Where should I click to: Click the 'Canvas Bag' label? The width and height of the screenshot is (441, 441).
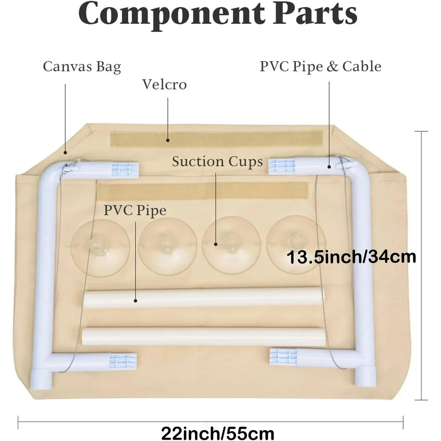click(x=82, y=67)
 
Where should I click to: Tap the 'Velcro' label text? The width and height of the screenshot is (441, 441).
click(x=165, y=84)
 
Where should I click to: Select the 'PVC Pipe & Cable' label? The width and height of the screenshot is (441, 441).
click(x=320, y=67)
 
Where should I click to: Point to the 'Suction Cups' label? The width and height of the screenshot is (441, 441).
click(x=217, y=162)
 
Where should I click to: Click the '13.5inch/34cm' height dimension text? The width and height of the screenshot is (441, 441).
click(x=351, y=257)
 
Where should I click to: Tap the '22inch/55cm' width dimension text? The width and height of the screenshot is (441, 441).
click(x=217, y=432)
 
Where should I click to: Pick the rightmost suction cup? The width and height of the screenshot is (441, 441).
click(x=296, y=244)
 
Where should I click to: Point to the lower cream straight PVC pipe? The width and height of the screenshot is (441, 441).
click(x=202, y=336)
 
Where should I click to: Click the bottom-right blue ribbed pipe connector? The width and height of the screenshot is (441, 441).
click(x=284, y=357)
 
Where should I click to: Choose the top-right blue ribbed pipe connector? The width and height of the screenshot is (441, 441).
click(x=282, y=166)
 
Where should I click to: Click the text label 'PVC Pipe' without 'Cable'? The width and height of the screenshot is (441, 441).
click(x=134, y=211)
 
